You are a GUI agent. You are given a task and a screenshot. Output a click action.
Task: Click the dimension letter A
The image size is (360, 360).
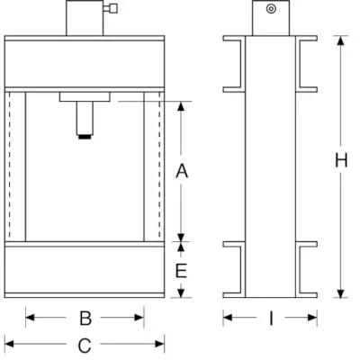[182, 171]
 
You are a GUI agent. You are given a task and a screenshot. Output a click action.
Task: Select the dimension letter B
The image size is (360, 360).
[85, 318]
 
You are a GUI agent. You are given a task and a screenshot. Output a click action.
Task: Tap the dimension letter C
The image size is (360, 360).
[85, 346]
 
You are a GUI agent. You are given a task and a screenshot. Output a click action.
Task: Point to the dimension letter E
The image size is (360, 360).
[181, 271]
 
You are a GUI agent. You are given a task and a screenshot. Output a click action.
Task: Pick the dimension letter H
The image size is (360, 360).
[341, 160]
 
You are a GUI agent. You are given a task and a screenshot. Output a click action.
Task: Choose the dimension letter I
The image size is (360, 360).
[271, 318]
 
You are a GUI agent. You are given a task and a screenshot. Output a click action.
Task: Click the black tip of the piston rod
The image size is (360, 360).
[85, 137]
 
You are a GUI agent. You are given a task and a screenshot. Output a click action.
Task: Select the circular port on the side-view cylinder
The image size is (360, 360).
[271, 9]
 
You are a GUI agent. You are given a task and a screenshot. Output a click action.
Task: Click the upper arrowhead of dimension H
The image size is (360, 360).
[340, 40]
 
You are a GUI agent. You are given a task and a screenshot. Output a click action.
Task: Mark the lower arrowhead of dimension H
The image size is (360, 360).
[340, 293]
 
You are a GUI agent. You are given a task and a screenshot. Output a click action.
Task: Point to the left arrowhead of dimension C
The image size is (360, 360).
[9, 344]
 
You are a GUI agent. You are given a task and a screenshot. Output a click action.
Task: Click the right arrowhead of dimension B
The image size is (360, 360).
[139, 318]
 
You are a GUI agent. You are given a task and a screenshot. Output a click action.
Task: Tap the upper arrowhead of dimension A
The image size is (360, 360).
[181, 106]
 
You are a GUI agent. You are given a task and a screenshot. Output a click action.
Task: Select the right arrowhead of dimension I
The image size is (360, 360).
[312, 318]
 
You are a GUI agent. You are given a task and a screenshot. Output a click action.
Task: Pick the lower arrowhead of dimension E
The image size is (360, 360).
[181, 292]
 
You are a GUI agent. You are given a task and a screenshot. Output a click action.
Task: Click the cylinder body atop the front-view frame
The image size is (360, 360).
[85, 18]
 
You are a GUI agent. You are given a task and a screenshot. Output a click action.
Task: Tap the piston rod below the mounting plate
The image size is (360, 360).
[85, 118]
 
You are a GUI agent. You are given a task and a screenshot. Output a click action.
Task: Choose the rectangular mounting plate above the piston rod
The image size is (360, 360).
[85, 96]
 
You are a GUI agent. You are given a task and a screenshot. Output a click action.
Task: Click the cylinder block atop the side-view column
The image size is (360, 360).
[271, 18]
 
